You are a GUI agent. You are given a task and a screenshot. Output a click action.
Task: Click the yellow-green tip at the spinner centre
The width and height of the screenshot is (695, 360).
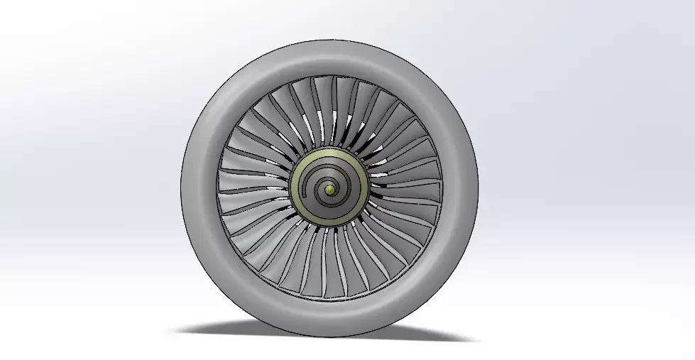(329, 189)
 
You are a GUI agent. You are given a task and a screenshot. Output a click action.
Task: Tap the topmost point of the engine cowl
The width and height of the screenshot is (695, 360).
(329, 40)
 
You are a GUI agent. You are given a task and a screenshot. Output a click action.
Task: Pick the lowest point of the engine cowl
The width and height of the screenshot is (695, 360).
(329, 337)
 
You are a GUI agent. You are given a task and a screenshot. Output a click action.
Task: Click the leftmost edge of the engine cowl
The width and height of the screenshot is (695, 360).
(182, 189)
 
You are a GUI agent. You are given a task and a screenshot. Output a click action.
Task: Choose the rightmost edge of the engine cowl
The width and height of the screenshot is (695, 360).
(478, 189)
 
